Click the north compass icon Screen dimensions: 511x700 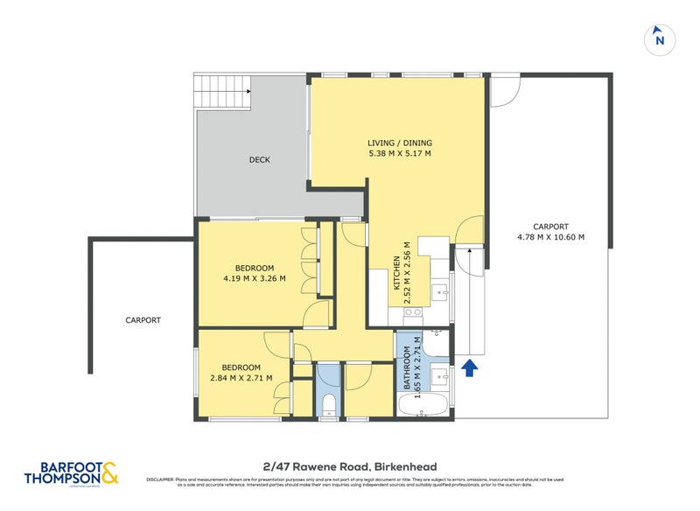coord(660,38)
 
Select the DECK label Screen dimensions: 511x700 coord(259,160)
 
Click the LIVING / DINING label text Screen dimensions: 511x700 coord(399,143)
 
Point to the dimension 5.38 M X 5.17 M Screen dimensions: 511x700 coord(399,154)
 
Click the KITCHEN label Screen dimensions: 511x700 coord(396,273)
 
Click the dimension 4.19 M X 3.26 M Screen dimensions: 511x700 coord(254,279)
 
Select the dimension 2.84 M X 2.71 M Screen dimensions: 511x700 coord(241,378)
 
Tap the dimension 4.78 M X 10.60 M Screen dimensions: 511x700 coord(549,236)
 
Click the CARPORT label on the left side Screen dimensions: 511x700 coord(143,320)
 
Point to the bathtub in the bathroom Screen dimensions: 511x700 coord(423,406)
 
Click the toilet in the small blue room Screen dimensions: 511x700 coord(329,403)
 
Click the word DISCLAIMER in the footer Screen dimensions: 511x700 coord(160,479)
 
